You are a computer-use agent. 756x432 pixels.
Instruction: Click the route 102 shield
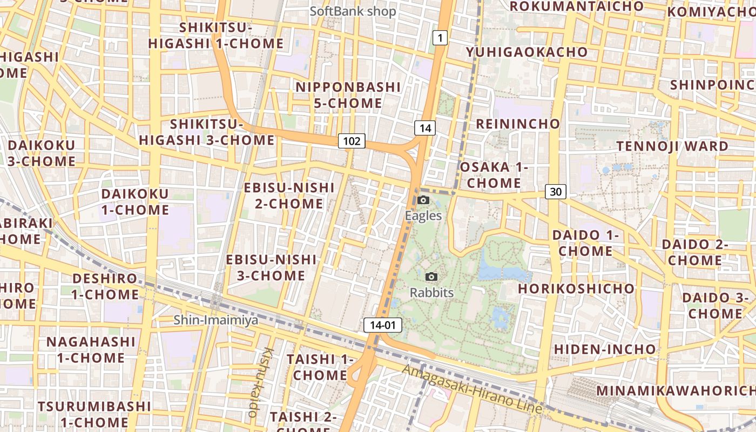(x=352, y=141)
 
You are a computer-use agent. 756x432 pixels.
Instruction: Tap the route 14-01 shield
(x=383, y=325)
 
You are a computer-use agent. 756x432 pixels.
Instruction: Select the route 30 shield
(x=556, y=191)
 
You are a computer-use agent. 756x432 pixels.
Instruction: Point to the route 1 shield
(x=440, y=38)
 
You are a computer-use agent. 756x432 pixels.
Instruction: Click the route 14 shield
(x=425, y=128)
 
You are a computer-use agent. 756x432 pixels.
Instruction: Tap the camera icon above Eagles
(x=423, y=200)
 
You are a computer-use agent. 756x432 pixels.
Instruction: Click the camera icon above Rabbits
(x=431, y=277)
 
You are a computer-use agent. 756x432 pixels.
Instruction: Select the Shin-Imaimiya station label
(x=215, y=320)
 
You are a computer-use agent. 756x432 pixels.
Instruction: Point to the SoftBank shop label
(x=353, y=11)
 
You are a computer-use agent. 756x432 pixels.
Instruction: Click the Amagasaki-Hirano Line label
(x=473, y=389)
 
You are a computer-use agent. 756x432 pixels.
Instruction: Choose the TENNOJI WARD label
(x=672, y=146)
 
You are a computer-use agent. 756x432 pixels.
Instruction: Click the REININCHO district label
(x=518, y=124)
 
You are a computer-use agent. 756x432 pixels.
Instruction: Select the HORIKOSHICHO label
(x=576, y=288)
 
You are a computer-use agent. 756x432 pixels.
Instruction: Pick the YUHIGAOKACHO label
(x=527, y=52)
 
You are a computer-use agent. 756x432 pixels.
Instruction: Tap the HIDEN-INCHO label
(x=605, y=349)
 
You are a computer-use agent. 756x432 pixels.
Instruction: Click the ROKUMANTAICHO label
(x=577, y=6)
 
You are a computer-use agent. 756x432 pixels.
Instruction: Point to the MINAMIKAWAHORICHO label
(x=675, y=390)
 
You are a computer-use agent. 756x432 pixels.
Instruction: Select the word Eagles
(x=423, y=216)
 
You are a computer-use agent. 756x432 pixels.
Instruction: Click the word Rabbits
(x=431, y=293)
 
